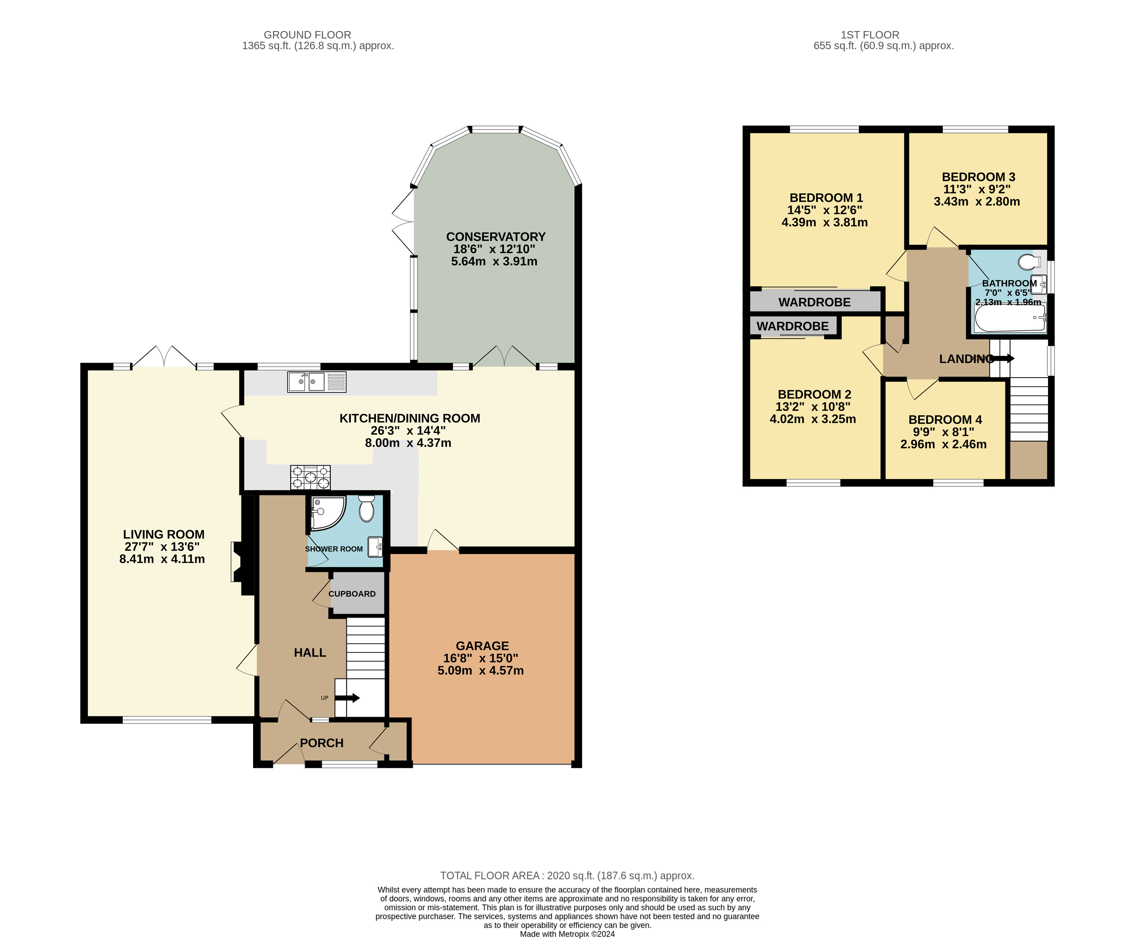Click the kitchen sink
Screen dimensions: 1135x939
[317, 382]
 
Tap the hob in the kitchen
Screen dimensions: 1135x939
[310, 477]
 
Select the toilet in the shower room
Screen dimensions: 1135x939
[366, 508]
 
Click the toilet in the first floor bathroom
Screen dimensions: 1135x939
[1030, 263]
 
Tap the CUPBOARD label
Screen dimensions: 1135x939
[352, 594]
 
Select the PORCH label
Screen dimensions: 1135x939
[322, 743]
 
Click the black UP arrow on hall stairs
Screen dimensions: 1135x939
[348, 698]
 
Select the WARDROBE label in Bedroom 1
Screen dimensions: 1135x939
[815, 302]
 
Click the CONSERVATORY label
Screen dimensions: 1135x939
[495, 237]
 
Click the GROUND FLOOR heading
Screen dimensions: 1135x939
[307, 35]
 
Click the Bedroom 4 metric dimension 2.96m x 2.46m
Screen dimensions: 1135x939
[943, 444]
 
